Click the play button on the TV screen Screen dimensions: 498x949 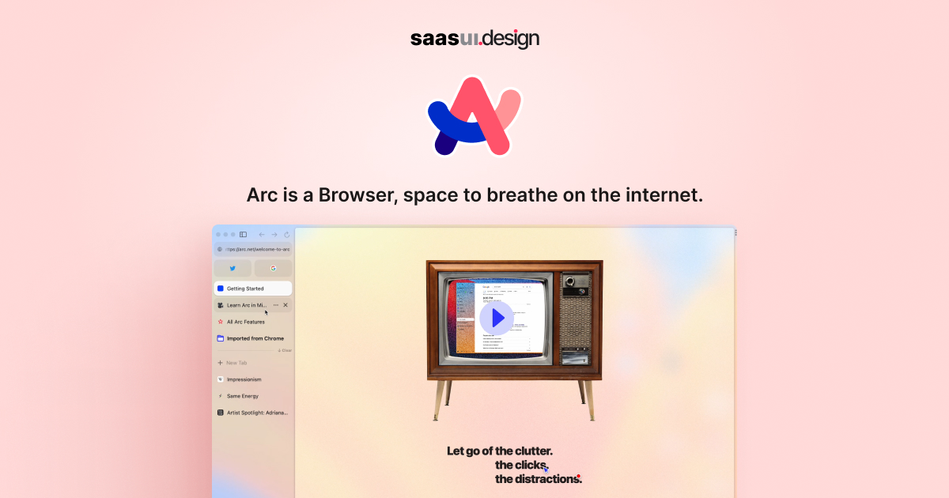(496, 318)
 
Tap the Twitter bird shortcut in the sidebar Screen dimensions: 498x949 (233, 269)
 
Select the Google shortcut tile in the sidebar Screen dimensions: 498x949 (273, 269)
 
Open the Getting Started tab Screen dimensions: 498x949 (252, 289)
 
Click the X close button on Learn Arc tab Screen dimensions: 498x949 (285, 305)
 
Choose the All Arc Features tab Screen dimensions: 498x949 (245, 322)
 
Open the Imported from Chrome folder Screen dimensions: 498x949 (255, 338)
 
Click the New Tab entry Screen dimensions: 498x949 (236, 363)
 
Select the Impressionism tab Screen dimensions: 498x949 (244, 379)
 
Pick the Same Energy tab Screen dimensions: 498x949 (242, 396)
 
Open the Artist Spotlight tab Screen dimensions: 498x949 (257, 413)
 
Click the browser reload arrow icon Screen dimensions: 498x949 (286, 235)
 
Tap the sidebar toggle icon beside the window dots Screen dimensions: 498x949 (244, 235)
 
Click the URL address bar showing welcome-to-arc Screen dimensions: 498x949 (253, 249)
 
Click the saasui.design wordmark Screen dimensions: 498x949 (475, 38)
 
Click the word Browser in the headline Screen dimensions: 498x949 (356, 194)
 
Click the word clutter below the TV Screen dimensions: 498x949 (530, 451)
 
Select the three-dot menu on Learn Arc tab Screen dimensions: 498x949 (275, 305)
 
